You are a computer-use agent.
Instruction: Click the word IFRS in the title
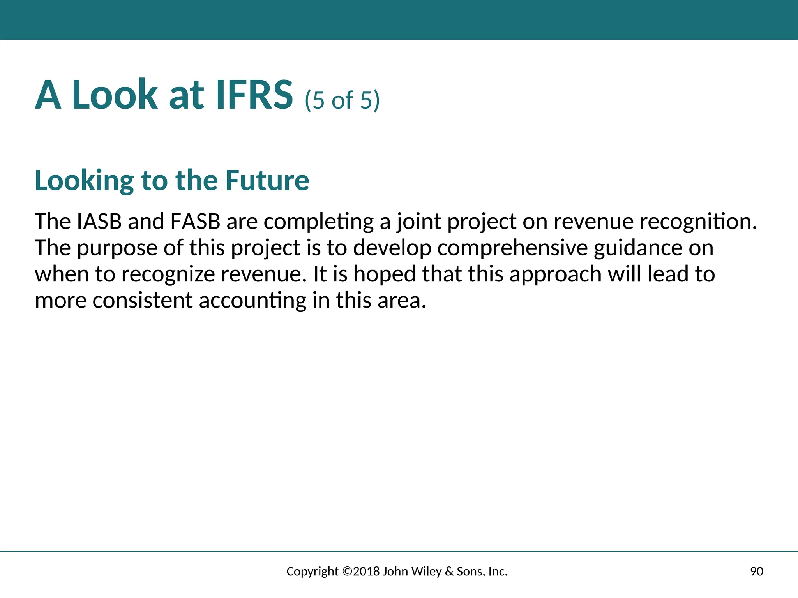point(254,95)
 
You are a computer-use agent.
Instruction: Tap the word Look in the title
point(115,95)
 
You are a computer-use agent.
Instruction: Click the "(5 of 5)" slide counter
point(342,100)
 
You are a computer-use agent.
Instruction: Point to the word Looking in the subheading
point(85,181)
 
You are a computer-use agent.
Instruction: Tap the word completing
point(319,222)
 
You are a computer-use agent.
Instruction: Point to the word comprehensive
point(512,248)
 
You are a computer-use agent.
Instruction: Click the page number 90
point(756,572)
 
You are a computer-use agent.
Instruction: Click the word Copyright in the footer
point(312,572)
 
